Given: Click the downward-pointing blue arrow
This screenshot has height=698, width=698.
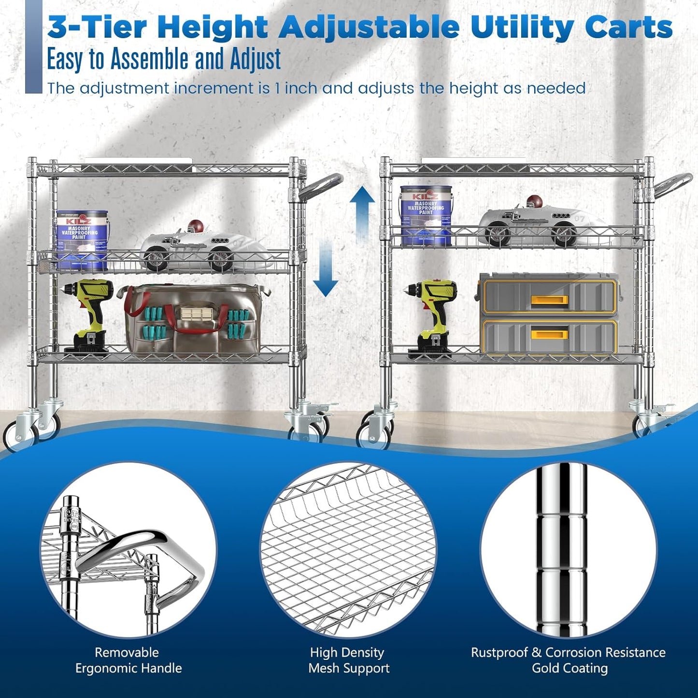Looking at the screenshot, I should [326, 273].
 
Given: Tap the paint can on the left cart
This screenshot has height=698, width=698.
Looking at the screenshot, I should [82, 240].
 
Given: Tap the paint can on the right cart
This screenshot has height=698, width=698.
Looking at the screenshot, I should [426, 214].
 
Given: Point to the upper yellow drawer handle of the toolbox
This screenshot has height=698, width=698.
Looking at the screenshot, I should [549, 300].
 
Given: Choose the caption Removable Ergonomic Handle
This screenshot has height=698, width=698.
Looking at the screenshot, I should [128, 660].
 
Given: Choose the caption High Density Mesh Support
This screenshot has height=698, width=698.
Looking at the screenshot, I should [348, 660].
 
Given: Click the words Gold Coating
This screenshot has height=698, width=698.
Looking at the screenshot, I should [570, 669].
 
